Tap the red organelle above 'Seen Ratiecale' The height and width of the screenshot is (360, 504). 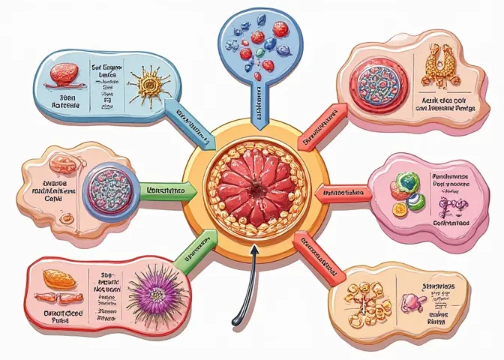pos(64,73)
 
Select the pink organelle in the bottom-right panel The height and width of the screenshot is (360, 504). pos(413,302)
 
